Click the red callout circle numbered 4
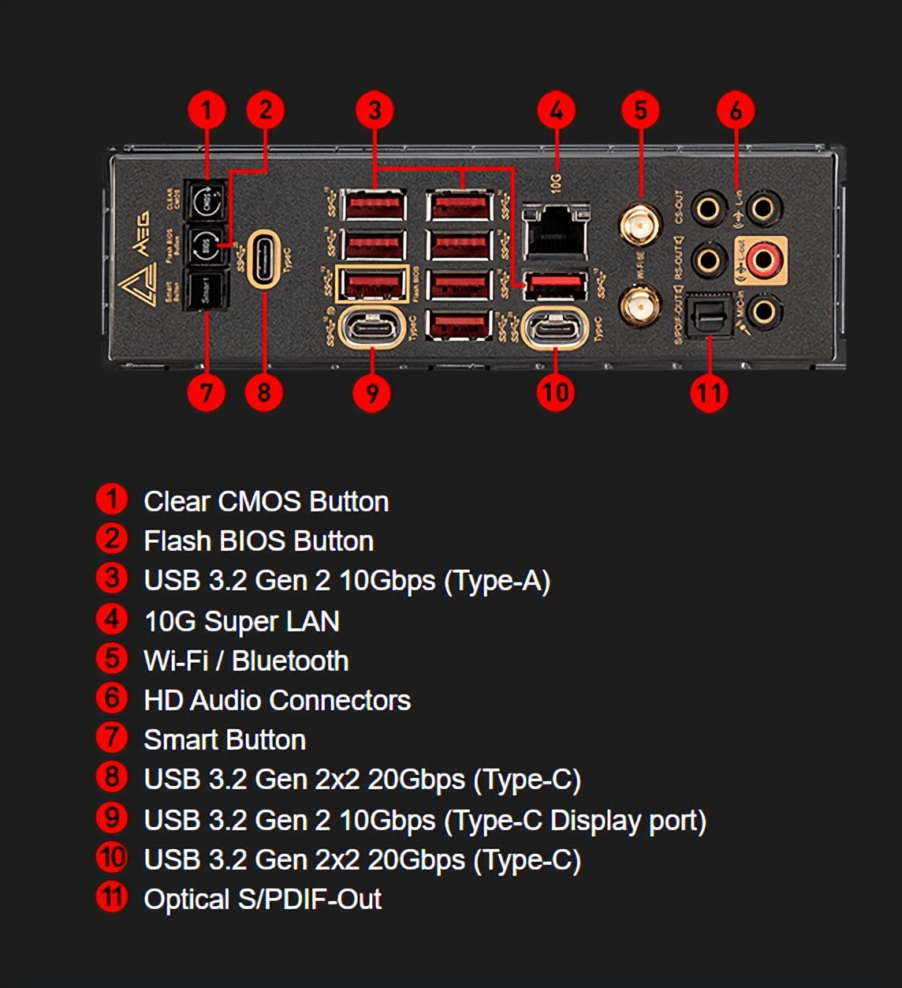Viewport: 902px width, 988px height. [557, 110]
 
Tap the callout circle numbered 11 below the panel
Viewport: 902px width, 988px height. [708, 392]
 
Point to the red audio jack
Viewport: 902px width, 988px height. [762, 258]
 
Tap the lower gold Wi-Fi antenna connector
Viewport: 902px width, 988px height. [640, 305]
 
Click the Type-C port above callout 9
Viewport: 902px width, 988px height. [371, 327]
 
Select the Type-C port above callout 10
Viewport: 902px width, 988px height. [556, 327]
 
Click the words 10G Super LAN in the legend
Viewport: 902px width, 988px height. [241, 621]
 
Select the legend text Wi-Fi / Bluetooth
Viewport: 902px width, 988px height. [245, 661]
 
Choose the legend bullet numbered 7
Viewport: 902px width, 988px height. [111, 738]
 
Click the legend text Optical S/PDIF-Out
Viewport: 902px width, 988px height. [262, 899]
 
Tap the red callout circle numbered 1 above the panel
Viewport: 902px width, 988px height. [207, 110]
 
